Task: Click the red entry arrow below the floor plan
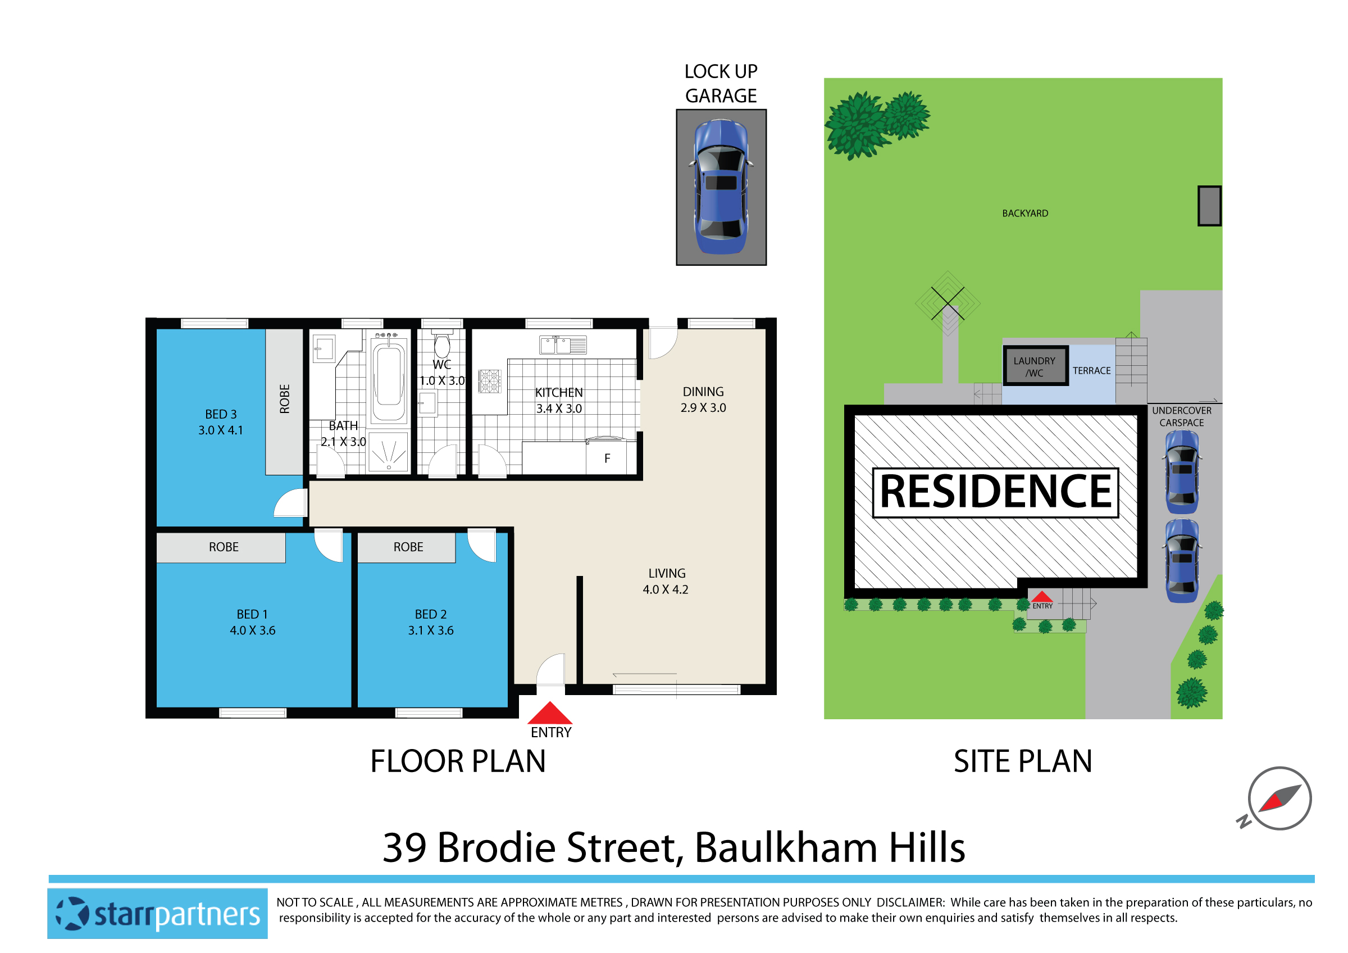[549, 714]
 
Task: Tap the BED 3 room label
[221, 422]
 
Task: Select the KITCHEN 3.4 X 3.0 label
[559, 401]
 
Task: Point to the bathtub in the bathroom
[389, 376]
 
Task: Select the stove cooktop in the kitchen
[489, 381]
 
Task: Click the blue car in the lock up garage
[721, 187]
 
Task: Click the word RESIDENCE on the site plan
[996, 492]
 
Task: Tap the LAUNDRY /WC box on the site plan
[1035, 366]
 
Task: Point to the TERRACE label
[1091, 371]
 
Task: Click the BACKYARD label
[1025, 214]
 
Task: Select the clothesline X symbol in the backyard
[948, 303]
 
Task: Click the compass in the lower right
[1280, 798]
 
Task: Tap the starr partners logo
[157, 914]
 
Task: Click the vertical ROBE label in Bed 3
[285, 400]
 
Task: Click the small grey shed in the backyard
[1209, 206]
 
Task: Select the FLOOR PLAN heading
[458, 761]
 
